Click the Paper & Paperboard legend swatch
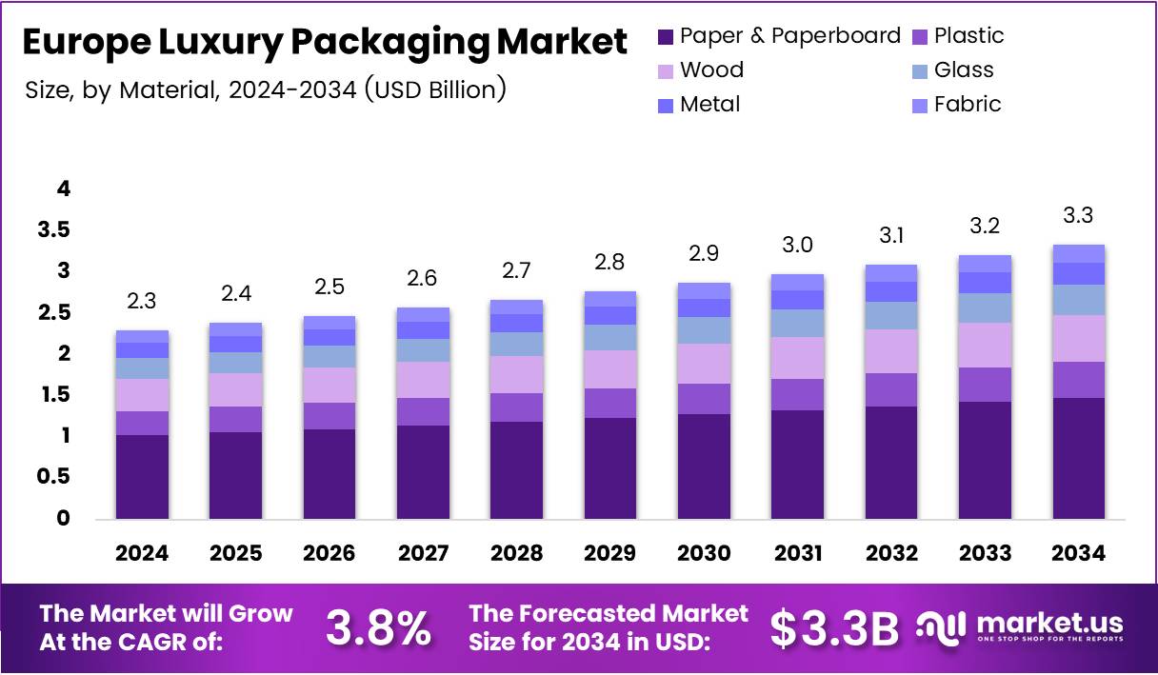(665, 37)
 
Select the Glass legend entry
(963, 70)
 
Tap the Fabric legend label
(967, 105)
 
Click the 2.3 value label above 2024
(142, 302)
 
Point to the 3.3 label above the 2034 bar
(1077, 216)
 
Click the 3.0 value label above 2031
(797, 245)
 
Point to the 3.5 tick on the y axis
(53, 230)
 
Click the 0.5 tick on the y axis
(53, 477)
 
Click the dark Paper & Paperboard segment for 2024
(142, 476)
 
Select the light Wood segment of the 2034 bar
(1078, 338)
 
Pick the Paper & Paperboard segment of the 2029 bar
(609, 467)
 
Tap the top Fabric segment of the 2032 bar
(890, 273)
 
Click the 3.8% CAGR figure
(378, 628)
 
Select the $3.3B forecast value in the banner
(834, 628)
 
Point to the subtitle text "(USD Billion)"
(435, 90)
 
